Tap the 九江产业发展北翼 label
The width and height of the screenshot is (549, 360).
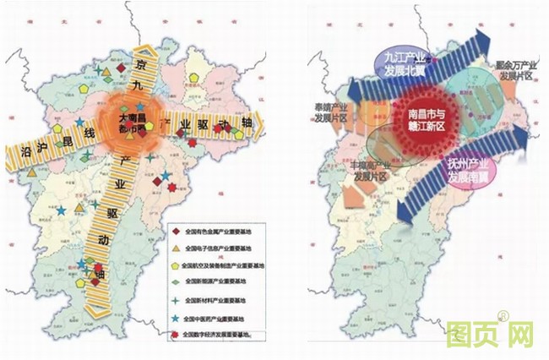(400, 63)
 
